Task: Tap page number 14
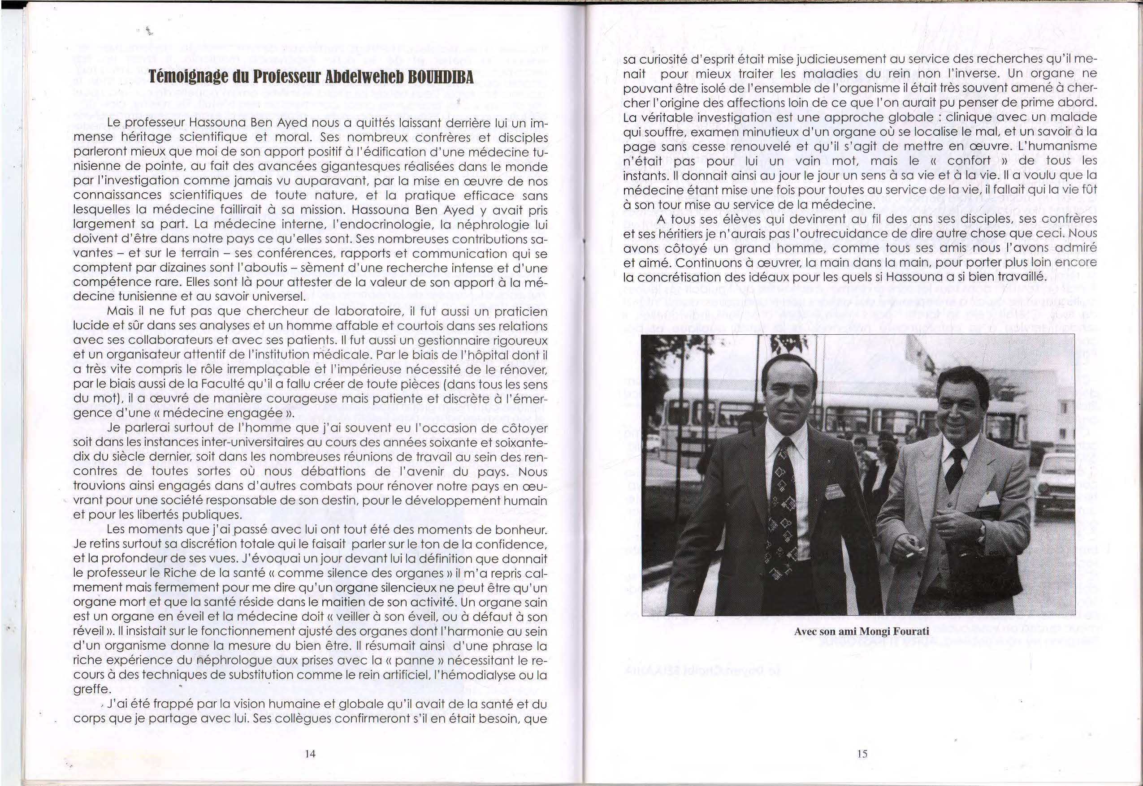310,753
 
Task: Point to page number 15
862,753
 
